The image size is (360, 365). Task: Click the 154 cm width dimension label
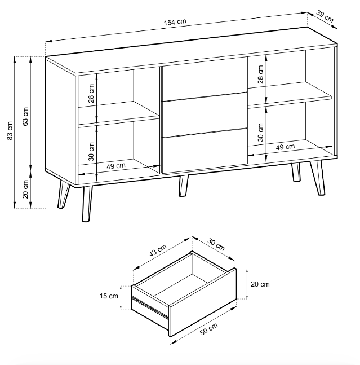pos(175,22)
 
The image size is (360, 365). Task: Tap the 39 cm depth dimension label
pos(325,16)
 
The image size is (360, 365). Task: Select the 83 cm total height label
pos(10,130)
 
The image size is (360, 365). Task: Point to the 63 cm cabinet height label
pos(25,116)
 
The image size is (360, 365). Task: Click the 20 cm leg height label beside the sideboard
pos(25,189)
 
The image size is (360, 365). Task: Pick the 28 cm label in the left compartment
pos(91,93)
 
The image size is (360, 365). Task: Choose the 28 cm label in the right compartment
pos(260,74)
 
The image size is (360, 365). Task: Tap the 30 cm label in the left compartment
pos(91,152)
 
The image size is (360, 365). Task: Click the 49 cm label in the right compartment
pos(285,147)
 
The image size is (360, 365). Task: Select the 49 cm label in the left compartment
pos(115,166)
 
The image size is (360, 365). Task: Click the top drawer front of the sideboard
pos(204,79)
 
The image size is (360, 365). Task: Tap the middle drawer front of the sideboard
pos(204,115)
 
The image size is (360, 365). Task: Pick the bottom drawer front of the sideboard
pos(204,151)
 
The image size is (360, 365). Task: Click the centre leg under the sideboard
pos(183,186)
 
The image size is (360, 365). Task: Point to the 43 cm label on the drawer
pos(158,250)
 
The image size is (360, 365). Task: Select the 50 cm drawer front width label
pos(208,329)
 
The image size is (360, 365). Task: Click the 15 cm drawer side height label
pos(109,296)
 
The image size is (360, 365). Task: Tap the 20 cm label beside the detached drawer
pos(260,284)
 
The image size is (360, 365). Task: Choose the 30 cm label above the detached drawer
pos(216,244)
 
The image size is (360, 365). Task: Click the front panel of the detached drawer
pos(203,302)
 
